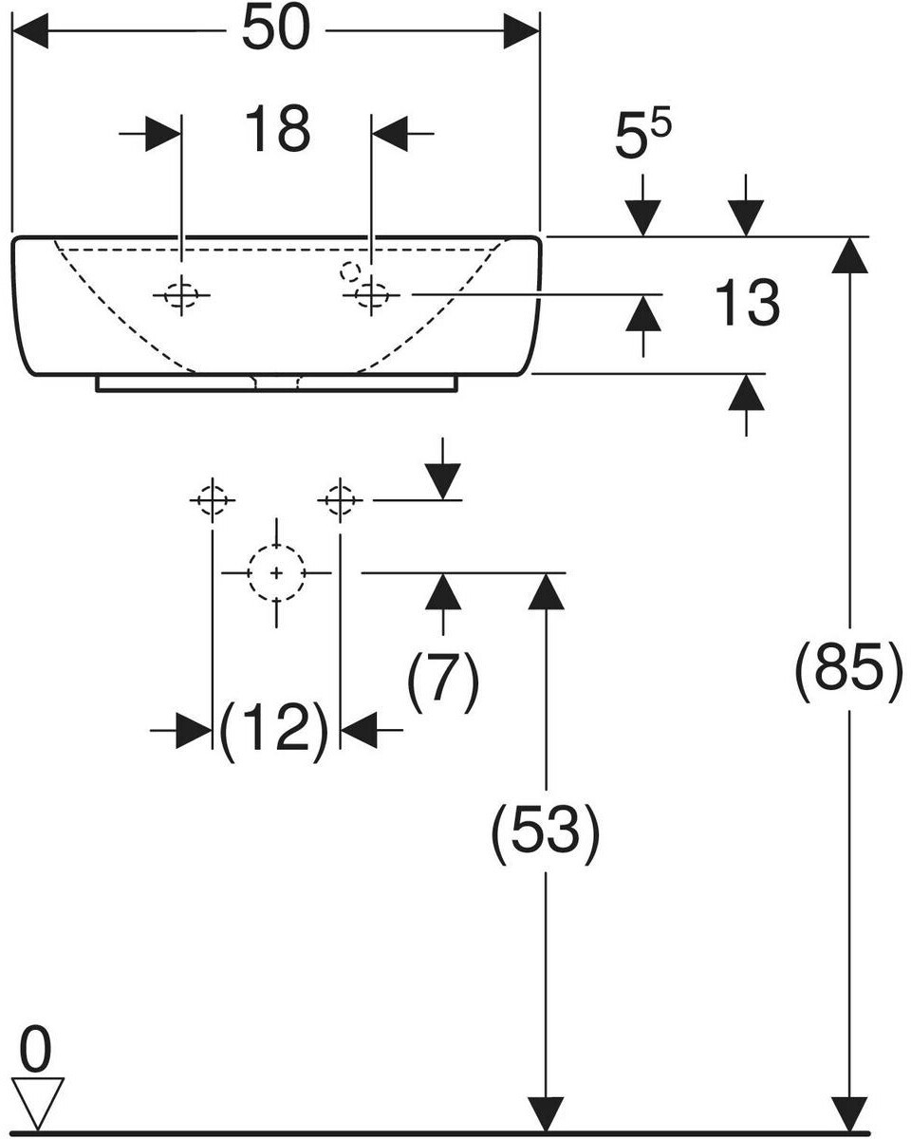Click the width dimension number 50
tap(276, 30)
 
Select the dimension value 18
tap(277, 130)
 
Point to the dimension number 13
tap(747, 305)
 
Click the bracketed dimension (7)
tap(444, 682)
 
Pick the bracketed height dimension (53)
tap(545, 833)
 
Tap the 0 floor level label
tap(35, 1053)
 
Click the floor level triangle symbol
tap(37, 1101)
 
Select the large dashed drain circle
tap(276, 573)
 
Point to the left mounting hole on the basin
tap(180, 295)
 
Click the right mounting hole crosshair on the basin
tap(372, 295)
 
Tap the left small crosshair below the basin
tap(212, 498)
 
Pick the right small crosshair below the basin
tap(340, 498)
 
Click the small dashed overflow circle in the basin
tap(350, 271)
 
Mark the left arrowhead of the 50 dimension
tap(28, 31)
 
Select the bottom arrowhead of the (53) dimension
tap(545, 1113)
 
